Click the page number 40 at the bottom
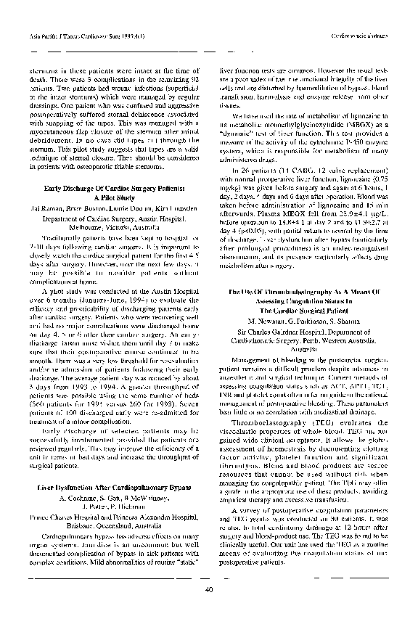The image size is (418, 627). point(209,589)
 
